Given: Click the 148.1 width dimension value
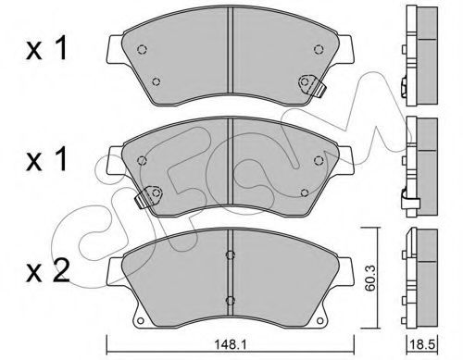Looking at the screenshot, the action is [230, 344].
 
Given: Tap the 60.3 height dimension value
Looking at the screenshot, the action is [369, 278].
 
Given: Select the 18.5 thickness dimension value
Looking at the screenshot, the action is [421, 344].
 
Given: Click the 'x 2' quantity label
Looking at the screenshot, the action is [47, 271].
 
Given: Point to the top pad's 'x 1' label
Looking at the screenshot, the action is [46, 48].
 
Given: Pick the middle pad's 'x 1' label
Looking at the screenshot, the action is [46, 159].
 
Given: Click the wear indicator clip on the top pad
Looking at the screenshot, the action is [312, 84].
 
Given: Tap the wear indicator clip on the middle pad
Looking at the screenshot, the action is [148, 196].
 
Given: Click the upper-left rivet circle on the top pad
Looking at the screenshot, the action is [142, 49].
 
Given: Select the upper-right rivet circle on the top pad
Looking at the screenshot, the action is [319, 49].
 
